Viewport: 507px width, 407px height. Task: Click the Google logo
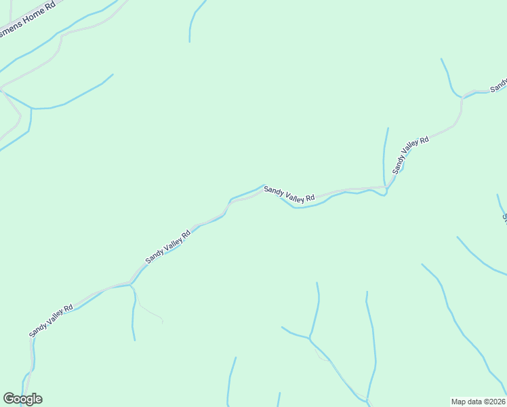[x=22, y=399]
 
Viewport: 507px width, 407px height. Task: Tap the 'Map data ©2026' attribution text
[x=479, y=402]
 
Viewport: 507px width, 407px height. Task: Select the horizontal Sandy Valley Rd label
[x=289, y=195]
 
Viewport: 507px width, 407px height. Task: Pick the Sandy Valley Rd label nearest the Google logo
[x=51, y=320]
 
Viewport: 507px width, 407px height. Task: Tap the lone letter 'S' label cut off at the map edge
[x=504, y=218]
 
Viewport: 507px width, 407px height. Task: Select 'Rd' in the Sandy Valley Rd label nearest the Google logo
[x=68, y=308]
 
